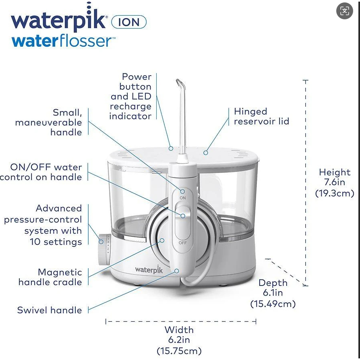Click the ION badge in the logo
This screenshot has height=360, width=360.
coord(128,22)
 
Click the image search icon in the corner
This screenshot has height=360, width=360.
coord(344,11)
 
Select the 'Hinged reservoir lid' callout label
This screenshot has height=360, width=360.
coord(261,116)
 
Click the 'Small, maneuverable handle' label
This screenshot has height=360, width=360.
coord(49,122)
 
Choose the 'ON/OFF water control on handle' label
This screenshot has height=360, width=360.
coord(41,172)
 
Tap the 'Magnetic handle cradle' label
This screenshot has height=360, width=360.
coord(50,277)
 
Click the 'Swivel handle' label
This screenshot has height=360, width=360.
coord(50,310)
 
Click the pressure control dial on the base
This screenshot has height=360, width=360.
coord(104,248)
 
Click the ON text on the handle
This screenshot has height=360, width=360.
coord(183,198)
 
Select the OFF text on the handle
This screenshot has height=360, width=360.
coord(183,243)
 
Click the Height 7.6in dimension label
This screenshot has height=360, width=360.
coord(334,182)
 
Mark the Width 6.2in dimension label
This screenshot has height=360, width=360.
coord(179,340)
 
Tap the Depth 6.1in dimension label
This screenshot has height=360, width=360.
coord(273,293)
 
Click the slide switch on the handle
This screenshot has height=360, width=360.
coord(183,215)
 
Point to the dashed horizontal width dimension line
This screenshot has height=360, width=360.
coord(181,321)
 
